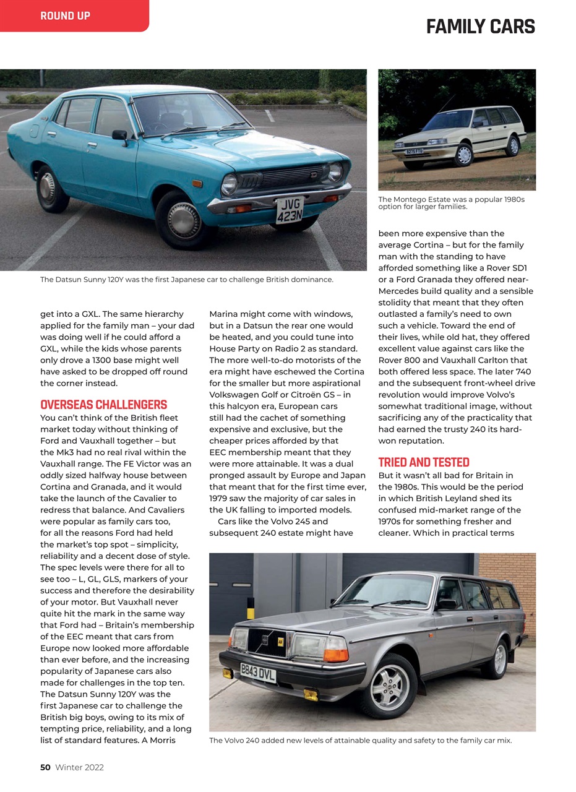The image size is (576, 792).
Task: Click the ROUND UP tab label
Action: point(65,16)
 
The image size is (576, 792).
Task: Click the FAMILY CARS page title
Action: point(480,27)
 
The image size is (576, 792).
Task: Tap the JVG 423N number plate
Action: point(289,210)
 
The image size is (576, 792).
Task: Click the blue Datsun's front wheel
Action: point(183,220)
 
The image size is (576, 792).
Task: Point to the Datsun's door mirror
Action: point(119,136)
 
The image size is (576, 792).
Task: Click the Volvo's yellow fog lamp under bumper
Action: point(311,695)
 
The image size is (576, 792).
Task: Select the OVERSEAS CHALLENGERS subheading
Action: point(103,405)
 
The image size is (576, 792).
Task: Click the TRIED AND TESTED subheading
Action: point(424,462)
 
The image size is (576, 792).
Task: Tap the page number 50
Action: point(45,767)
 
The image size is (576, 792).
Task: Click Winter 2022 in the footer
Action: point(79,767)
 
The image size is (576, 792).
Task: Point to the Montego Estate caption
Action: point(451,203)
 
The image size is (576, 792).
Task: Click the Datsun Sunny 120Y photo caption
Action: point(187,280)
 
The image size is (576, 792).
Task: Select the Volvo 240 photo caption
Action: point(360,740)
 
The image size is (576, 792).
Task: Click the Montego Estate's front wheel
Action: point(463,155)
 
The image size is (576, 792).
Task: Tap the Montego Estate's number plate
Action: point(414,151)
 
